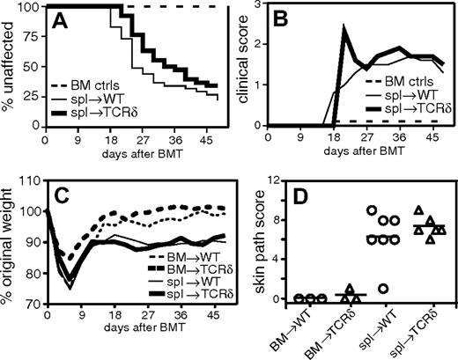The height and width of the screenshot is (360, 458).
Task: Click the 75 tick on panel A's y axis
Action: coord(32,36)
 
